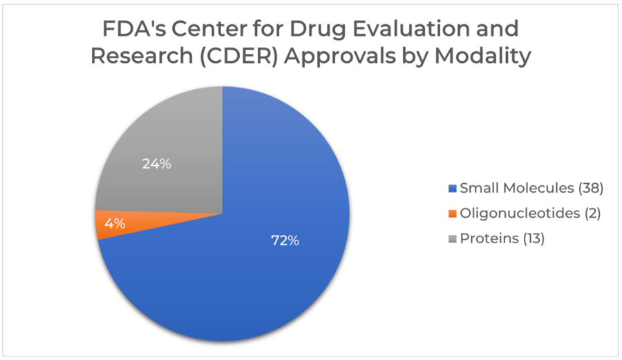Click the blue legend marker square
(453, 189)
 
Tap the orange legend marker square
(453, 214)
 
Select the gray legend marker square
(453, 239)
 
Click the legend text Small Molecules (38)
(532, 188)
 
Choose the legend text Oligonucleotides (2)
(530, 214)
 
